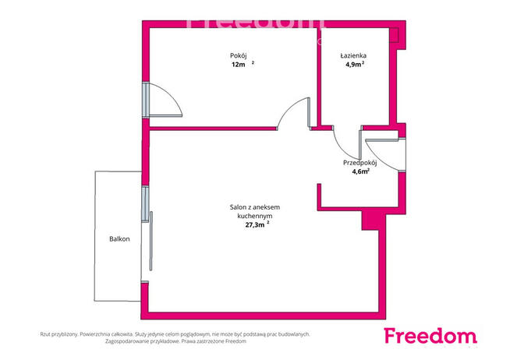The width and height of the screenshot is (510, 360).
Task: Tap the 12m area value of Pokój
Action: tap(238, 65)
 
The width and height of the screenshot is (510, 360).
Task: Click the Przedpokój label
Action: tap(360, 163)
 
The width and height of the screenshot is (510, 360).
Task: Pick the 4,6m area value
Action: tap(359, 172)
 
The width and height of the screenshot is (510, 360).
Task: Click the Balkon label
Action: tap(119, 238)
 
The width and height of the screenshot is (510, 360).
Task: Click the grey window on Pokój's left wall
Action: tap(146, 100)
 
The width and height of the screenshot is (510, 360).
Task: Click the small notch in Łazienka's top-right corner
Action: tap(395, 35)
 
